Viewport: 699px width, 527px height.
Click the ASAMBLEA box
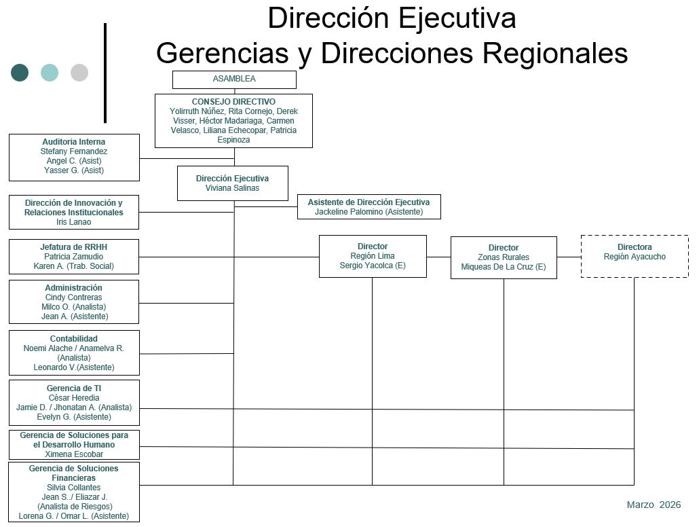234,79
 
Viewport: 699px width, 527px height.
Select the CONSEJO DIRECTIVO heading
233,102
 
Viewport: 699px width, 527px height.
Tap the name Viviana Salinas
232,188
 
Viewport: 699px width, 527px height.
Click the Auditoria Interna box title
74,142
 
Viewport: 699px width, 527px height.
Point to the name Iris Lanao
74,222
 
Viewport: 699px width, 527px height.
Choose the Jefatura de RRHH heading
74,247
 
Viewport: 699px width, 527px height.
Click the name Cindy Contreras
74,297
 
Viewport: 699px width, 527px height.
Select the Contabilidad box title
74,339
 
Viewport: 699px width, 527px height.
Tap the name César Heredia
74,398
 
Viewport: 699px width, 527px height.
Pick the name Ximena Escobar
74,454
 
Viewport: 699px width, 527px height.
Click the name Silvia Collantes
74,488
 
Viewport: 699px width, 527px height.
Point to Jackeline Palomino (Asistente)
369,212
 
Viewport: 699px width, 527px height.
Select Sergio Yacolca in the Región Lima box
373,266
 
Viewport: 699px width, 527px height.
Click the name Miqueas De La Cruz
504,267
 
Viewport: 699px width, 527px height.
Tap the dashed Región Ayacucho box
635,256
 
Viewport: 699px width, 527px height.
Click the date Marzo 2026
654,505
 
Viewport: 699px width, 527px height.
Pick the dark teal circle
20,73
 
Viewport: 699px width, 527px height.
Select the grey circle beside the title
79,73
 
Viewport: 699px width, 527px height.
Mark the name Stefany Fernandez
74,151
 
